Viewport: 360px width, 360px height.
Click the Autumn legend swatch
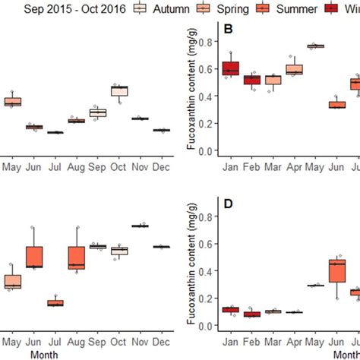141,8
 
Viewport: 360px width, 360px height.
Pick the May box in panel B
315,46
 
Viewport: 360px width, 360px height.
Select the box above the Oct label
119,91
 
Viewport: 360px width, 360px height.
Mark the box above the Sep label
98,112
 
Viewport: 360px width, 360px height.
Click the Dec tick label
161,165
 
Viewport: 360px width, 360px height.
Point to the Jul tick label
55,165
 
